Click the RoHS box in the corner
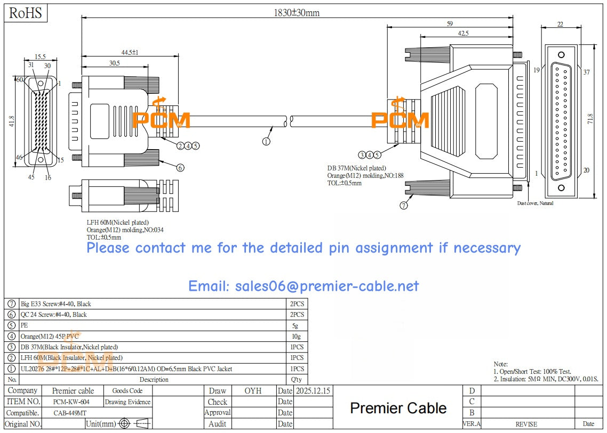[26, 13]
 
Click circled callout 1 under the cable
[266, 141]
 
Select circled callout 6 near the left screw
[180, 167]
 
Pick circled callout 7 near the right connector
[404, 206]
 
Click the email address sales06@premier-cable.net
[303, 287]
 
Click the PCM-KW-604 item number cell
[71, 402]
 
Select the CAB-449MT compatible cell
[71, 413]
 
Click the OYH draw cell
[253, 391]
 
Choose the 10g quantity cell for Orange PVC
[297, 336]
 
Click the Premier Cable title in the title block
[398, 408]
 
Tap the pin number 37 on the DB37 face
[587, 72]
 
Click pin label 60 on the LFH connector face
[19, 80]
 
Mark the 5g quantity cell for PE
[297, 325]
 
